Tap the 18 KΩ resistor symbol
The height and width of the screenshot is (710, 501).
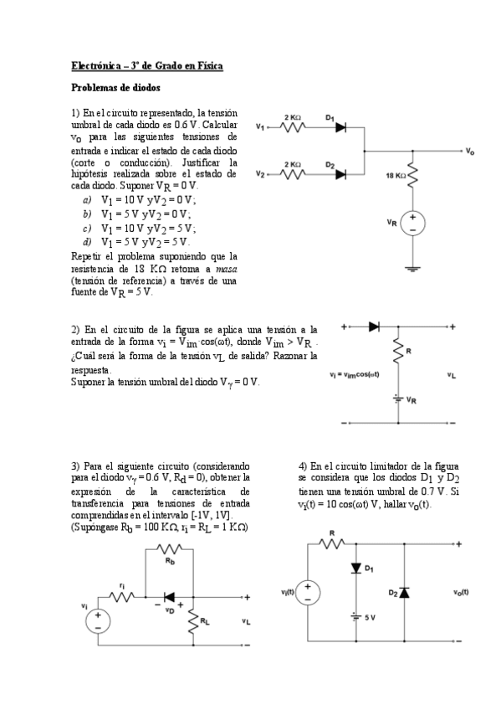412,177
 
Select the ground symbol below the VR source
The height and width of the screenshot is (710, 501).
412,268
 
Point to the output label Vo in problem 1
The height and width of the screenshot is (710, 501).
470,152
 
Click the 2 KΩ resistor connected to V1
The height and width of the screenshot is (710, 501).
294,127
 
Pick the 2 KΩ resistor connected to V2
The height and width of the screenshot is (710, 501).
294,175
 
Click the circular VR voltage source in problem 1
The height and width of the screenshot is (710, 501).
412,223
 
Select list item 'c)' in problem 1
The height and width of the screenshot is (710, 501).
87,228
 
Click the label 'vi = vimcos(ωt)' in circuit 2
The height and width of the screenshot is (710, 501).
355,374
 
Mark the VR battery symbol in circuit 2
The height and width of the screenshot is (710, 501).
399,398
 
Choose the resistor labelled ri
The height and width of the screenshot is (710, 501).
123,598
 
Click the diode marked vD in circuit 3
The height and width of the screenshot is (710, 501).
170,598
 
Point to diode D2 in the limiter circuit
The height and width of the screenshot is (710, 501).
404,592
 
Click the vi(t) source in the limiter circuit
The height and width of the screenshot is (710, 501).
308,592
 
